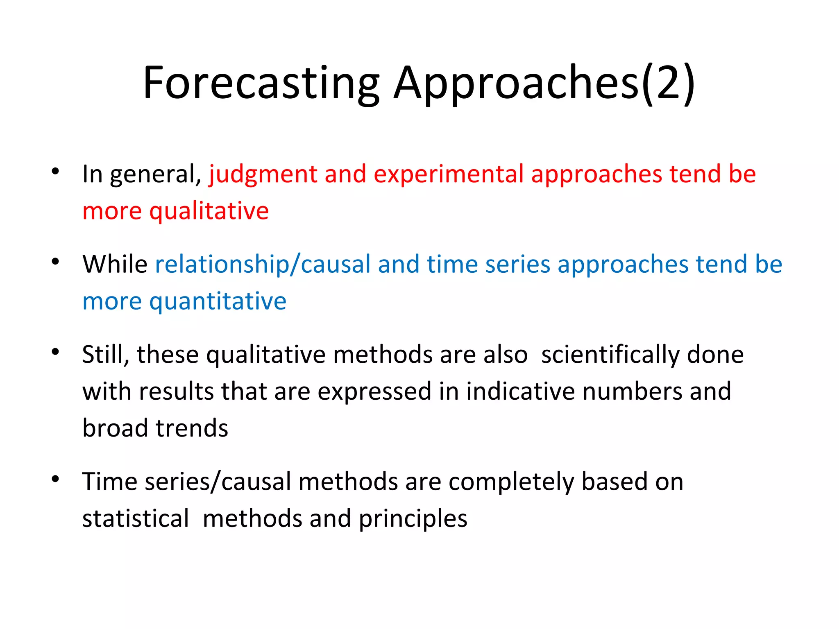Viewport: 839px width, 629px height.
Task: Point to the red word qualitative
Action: click(x=209, y=211)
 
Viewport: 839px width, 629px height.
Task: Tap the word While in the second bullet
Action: click(x=115, y=265)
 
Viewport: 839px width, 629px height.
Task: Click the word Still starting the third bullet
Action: click(x=105, y=355)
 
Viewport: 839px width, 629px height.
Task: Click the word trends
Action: click(x=192, y=429)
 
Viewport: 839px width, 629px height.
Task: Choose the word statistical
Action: click(x=136, y=519)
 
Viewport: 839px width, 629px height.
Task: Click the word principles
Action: click(x=413, y=519)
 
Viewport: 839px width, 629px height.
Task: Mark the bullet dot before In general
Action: click(x=56, y=171)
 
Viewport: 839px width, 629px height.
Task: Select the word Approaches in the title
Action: click(x=516, y=84)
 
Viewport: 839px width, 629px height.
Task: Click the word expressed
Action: click(x=374, y=391)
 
